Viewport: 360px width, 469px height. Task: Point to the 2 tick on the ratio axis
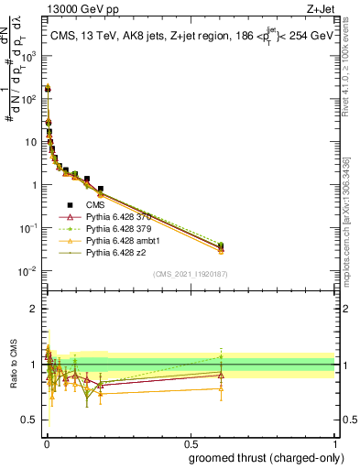35,309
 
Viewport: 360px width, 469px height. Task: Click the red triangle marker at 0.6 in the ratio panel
221,375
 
